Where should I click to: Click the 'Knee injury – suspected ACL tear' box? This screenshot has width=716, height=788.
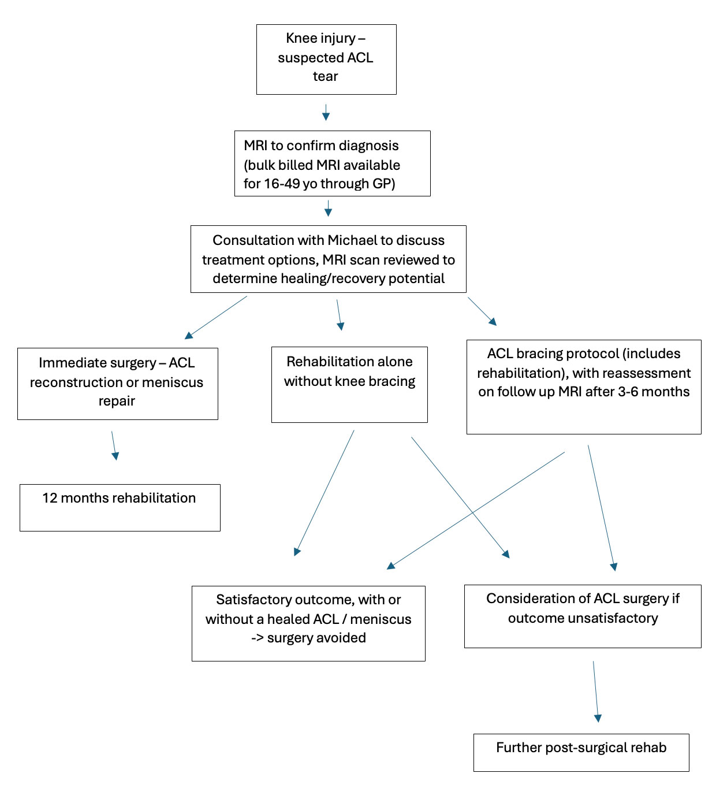[326, 59]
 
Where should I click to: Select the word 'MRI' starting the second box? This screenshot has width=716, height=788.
[255, 146]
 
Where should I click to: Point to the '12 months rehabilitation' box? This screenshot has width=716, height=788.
[120, 507]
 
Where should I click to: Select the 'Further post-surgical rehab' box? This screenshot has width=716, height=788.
[581, 752]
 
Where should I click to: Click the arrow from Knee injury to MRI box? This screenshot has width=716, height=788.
[326, 112]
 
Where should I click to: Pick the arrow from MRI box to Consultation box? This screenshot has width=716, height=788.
[328, 208]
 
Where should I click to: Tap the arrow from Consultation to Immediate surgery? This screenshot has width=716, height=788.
[216, 317]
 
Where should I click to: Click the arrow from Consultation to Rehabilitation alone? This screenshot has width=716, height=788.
[339, 314]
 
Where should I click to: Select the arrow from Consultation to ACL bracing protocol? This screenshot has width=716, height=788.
[482, 312]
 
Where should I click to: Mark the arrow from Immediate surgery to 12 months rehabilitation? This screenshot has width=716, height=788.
[114, 445]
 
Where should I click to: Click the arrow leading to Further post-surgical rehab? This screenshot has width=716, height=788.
[595, 691]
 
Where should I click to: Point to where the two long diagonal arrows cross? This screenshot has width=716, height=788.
[473, 512]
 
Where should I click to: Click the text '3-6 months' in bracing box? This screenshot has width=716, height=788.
[654, 392]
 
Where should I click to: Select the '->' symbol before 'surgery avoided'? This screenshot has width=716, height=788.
[258, 638]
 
